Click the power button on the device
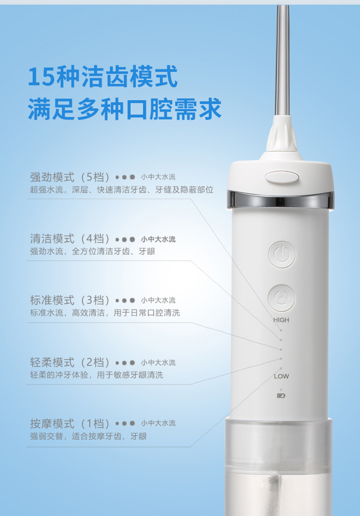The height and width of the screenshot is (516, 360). coord(282,254)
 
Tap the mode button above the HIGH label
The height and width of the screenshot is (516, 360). coord(281,298)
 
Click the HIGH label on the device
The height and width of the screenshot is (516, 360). coord(281,320)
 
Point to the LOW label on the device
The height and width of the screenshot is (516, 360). coord(281,376)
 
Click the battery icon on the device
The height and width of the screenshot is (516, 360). coord(281,396)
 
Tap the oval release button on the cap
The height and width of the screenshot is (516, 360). coord(282,177)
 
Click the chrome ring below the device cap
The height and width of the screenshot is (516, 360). coord(280,199)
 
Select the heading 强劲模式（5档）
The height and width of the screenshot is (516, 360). coord(70,177)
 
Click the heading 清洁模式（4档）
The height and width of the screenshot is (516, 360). coord(70,238)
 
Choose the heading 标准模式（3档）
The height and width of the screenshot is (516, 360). coord(70,300)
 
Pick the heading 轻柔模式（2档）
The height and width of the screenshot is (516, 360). coord(70,362)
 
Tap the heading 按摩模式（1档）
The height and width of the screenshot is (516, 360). coord(70,423)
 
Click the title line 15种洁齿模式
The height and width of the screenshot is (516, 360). coord(103,77)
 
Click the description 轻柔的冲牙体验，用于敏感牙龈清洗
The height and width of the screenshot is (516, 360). coord(97,375)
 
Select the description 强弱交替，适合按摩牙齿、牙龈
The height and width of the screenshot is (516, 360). coord(88,436)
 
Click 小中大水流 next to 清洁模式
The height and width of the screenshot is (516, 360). coord(158,239)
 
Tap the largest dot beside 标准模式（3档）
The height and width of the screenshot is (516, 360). coord(132,300)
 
